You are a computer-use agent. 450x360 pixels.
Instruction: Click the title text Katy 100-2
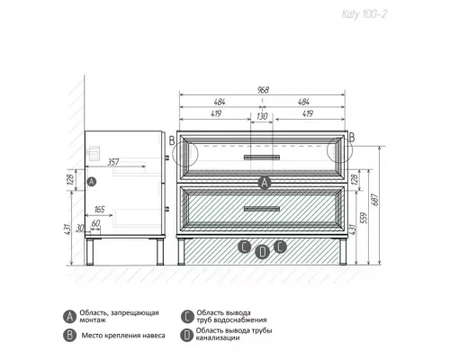[x=364, y=14]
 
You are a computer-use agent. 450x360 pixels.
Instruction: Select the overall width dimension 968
[x=263, y=90]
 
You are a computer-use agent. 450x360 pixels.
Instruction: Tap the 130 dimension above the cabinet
[x=262, y=116]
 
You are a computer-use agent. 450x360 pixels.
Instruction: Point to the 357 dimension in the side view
[x=113, y=162]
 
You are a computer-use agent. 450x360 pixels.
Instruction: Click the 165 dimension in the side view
[x=99, y=209]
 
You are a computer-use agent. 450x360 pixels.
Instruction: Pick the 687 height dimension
[x=375, y=200]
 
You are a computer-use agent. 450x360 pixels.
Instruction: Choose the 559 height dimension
[x=364, y=218]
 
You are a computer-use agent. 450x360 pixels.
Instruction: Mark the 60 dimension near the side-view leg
[x=95, y=223]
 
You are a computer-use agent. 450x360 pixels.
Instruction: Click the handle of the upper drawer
[x=262, y=157]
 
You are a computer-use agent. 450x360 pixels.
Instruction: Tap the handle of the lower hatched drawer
[x=262, y=209]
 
